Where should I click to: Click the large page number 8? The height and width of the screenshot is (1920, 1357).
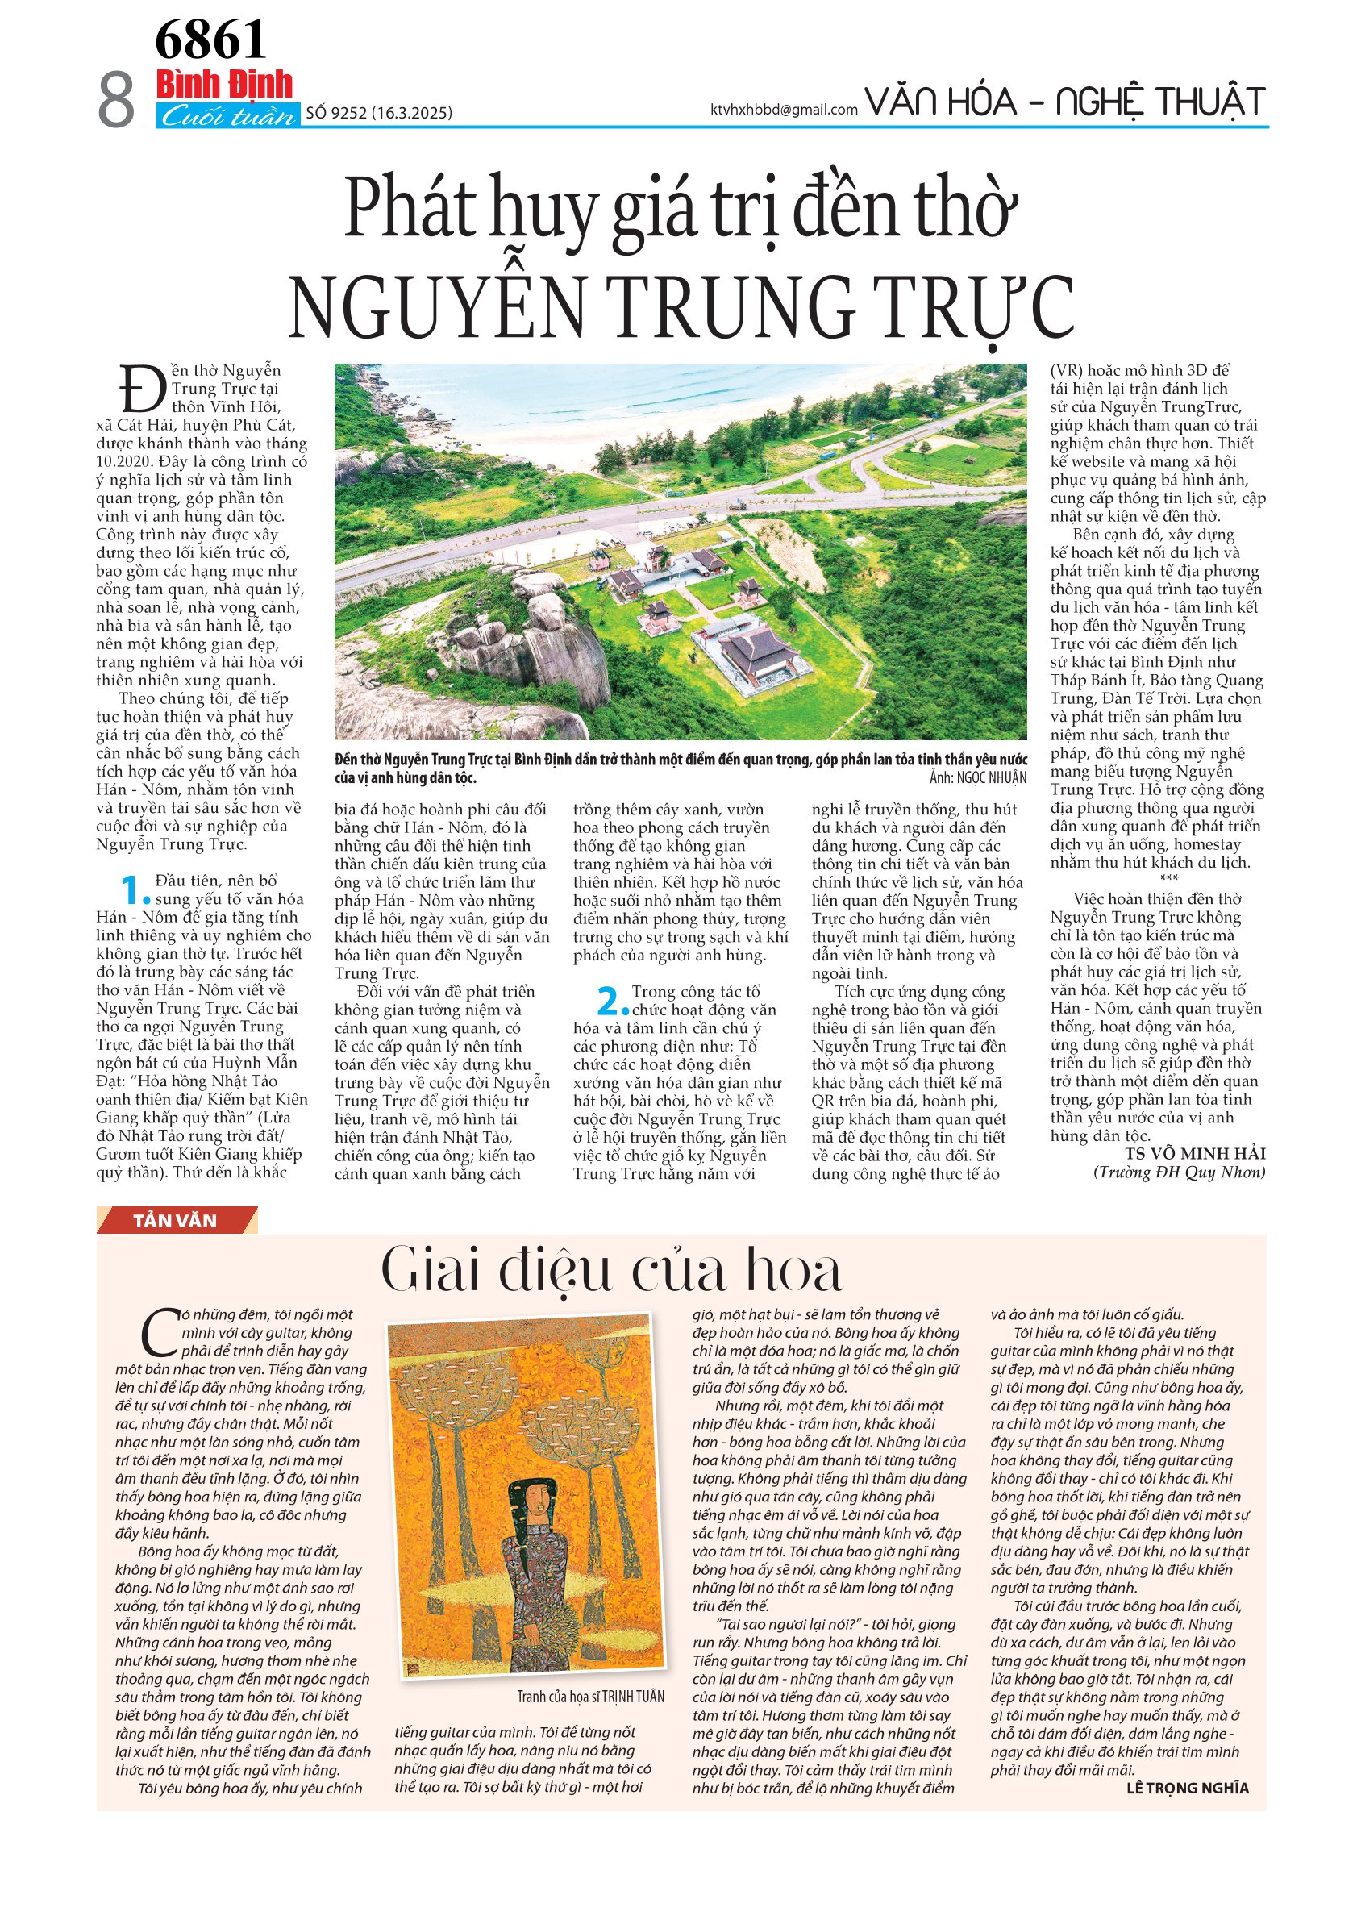(x=116, y=99)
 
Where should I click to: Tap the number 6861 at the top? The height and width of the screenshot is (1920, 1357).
(x=210, y=40)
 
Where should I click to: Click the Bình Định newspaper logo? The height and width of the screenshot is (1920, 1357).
(x=225, y=85)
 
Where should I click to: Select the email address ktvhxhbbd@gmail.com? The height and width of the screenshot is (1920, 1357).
(x=784, y=110)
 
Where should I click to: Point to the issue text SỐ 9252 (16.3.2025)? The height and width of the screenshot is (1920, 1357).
(x=379, y=113)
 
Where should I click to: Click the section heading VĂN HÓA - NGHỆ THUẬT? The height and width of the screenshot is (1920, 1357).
(x=1064, y=102)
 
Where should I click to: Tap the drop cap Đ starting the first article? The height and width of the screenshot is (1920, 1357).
(x=143, y=389)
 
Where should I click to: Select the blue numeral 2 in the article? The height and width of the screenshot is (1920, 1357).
(x=611, y=1001)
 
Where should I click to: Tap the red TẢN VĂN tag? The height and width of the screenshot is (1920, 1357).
(x=175, y=1221)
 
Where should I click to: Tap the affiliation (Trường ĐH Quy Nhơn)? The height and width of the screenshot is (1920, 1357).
(x=1179, y=1172)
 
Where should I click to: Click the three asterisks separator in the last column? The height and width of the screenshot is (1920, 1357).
(x=1169, y=878)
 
